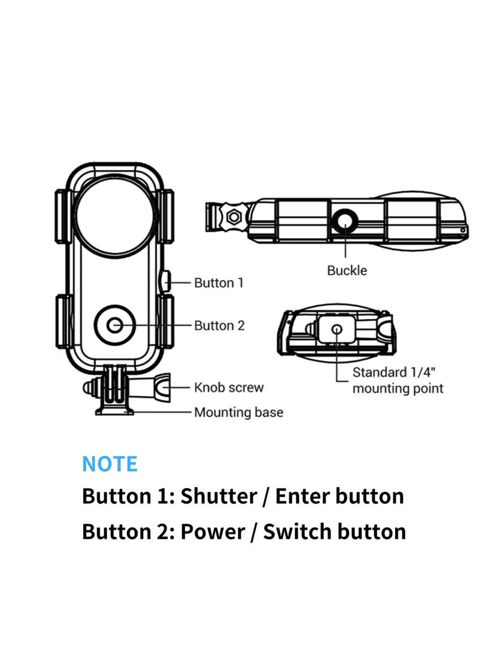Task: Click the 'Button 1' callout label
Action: [219, 283]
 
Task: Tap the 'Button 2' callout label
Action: [219, 326]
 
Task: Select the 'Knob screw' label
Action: [228, 387]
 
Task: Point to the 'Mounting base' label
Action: [238, 412]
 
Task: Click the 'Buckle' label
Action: [347, 270]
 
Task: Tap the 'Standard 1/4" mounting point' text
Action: [397, 381]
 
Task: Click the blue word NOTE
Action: [110, 464]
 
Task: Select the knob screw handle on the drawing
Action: [162, 387]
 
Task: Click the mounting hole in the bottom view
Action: [336, 329]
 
